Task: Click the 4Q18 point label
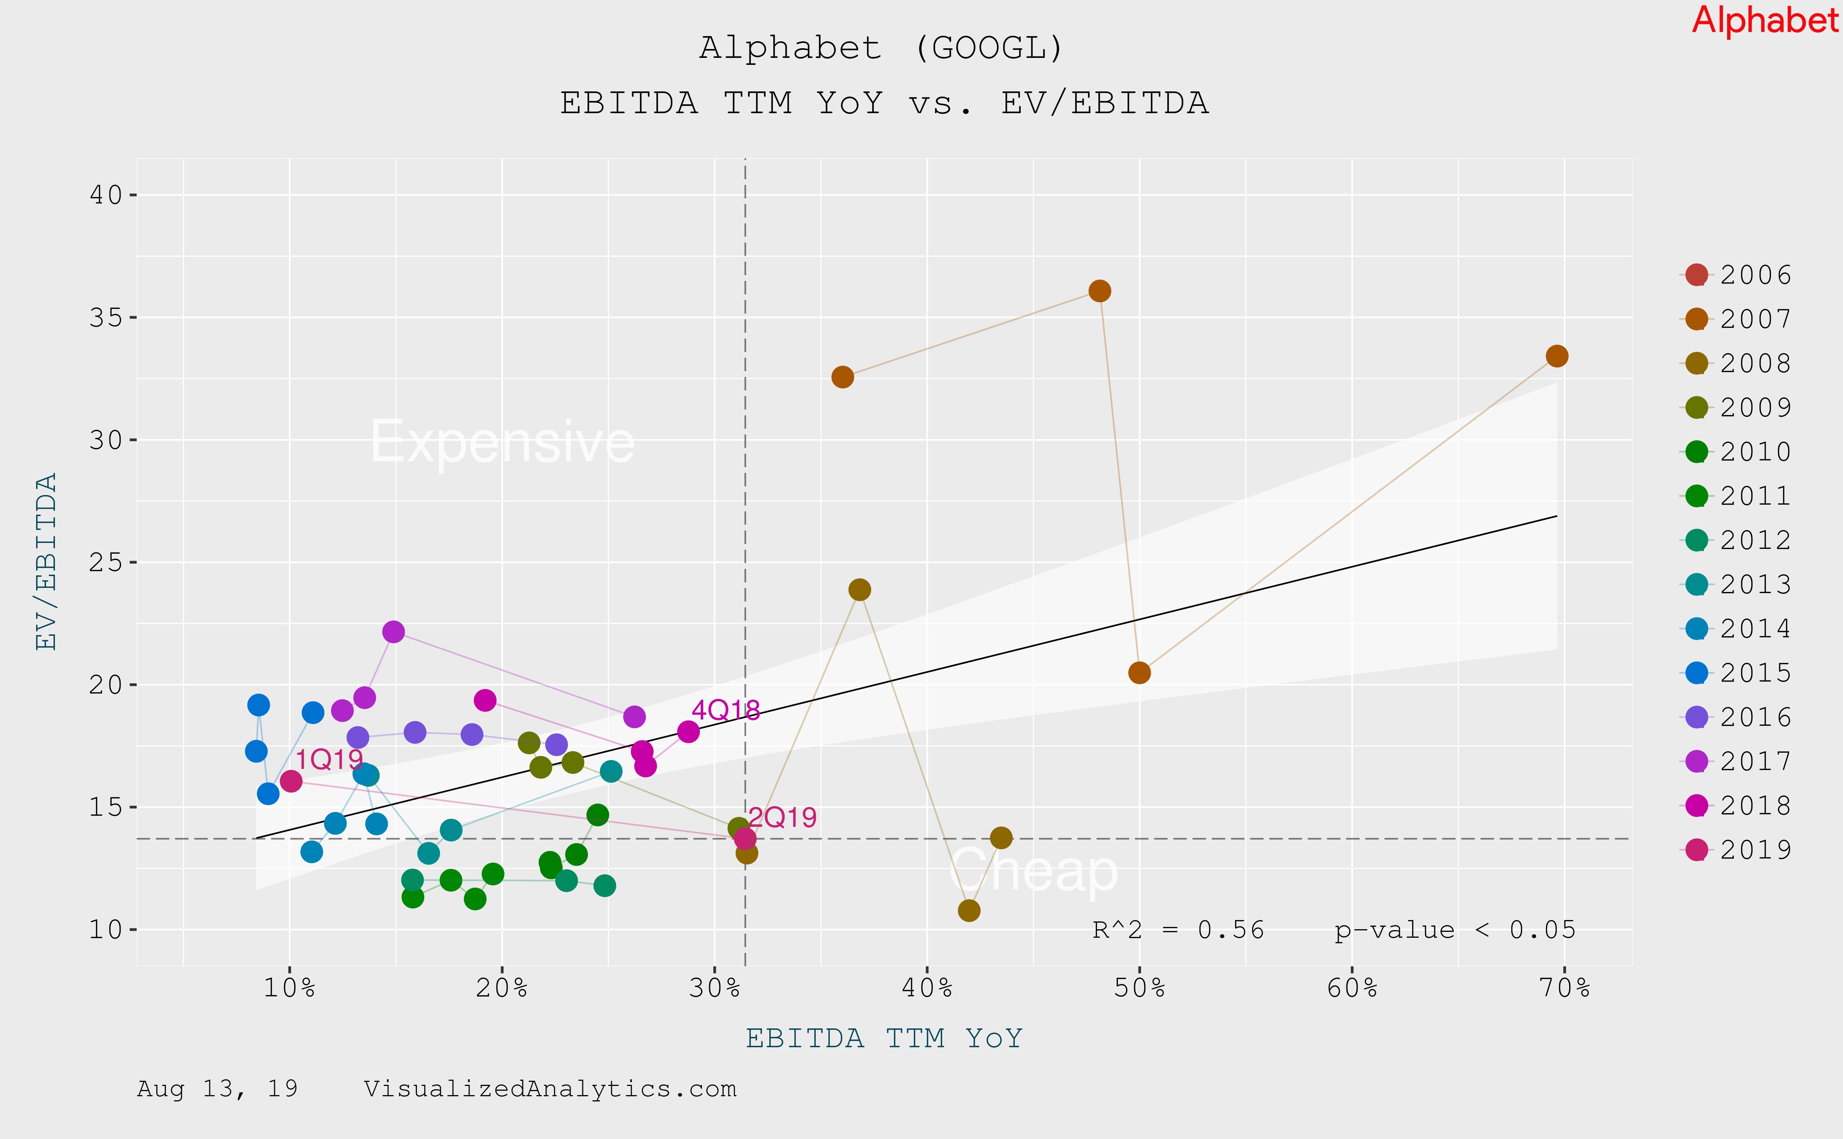(x=725, y=710)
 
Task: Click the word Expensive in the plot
(x=502, y=442)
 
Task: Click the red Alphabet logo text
(x=1764, y=20)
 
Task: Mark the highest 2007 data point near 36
(x=1100, y=291)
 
